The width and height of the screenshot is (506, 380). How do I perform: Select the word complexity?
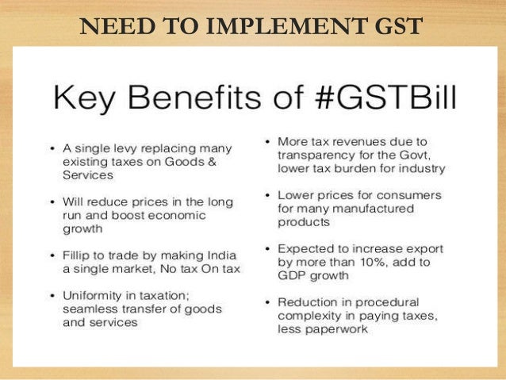(309, 315)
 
